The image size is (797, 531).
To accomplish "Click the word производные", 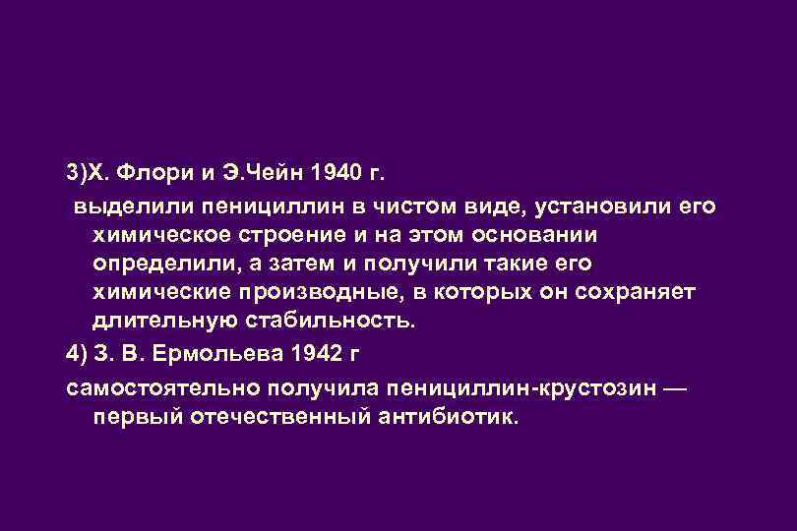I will [355, 293].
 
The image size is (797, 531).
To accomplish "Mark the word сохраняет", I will [636, 293].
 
